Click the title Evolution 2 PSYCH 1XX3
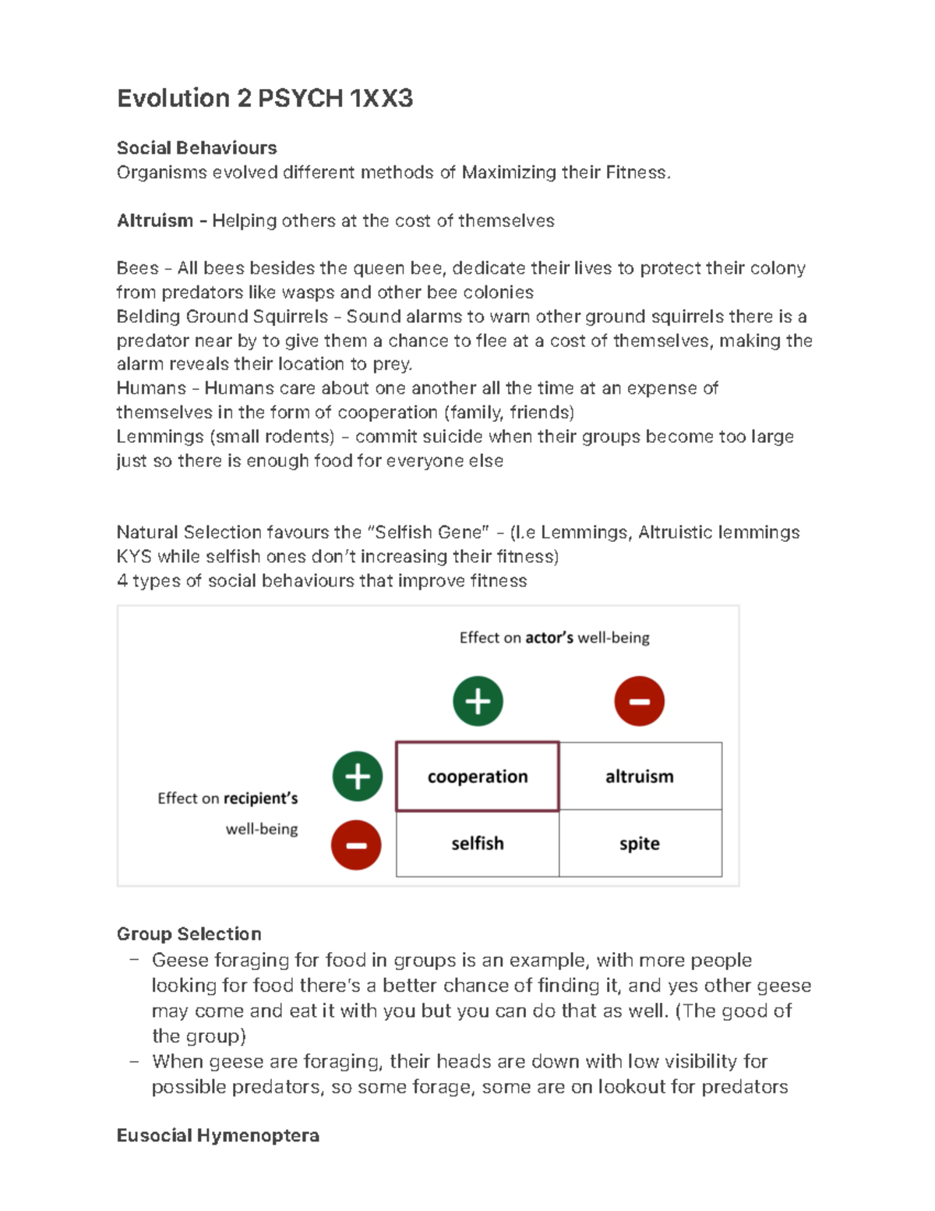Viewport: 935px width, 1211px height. coord(264,98)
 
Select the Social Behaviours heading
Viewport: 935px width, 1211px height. coord(196,148)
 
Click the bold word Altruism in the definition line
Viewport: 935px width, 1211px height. coord(154,221)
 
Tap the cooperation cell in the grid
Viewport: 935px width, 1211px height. coord(477,777)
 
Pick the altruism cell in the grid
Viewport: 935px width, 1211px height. coord(640,777)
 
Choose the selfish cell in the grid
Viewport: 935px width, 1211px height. coord(477,844)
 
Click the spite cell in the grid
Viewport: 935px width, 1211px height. coord(640,844)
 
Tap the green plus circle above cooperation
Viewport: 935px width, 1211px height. coord(478,701)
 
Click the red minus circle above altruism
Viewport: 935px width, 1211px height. coord(639,701)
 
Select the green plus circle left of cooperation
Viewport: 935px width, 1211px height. coord(358,777)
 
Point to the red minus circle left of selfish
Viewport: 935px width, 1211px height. coord(356,845)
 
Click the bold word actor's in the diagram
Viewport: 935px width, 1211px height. coord(549,638)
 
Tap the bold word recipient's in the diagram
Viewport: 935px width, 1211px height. coord(260,798)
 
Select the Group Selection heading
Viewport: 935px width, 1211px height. coord(189,934)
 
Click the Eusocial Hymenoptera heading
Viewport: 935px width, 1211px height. coord(217,1135)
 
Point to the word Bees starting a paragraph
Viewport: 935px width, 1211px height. coord(137,268)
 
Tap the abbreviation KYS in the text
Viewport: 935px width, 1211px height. coord(133,557)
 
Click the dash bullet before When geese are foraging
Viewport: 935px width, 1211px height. coord(135,1061)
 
